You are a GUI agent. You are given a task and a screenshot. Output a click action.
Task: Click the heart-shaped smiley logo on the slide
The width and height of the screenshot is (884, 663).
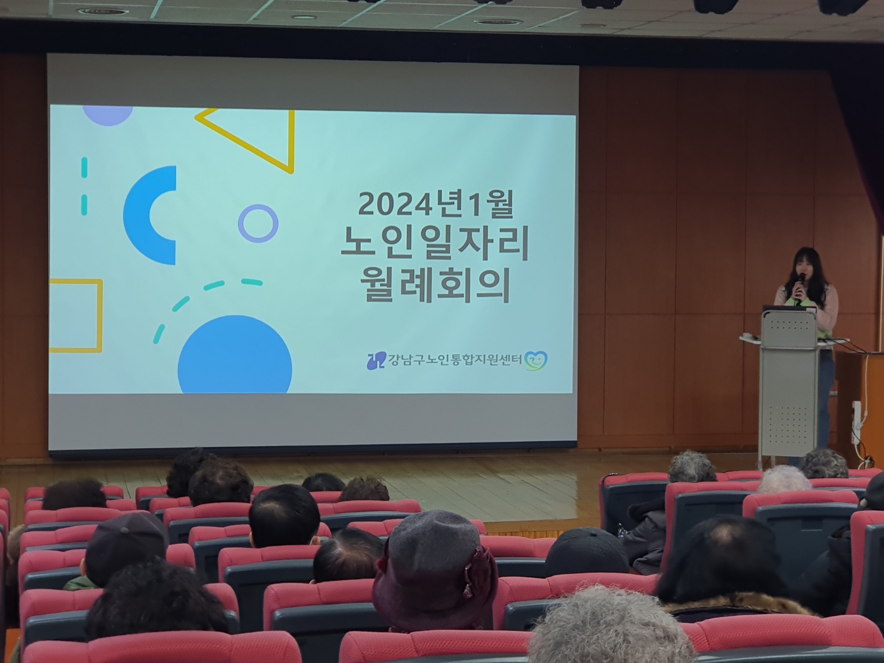coord(536,361)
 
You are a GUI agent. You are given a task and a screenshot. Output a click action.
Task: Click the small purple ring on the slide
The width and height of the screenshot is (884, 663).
coord(257,224)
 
